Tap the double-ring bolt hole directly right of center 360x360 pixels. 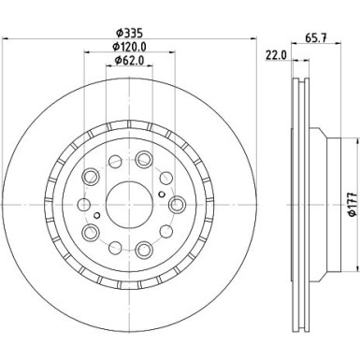tap(177, 205)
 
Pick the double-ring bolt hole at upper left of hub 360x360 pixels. tap(93, 178)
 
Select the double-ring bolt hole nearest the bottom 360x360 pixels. tap(142, 250)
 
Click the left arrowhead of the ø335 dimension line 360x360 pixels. tap(7, 39)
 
